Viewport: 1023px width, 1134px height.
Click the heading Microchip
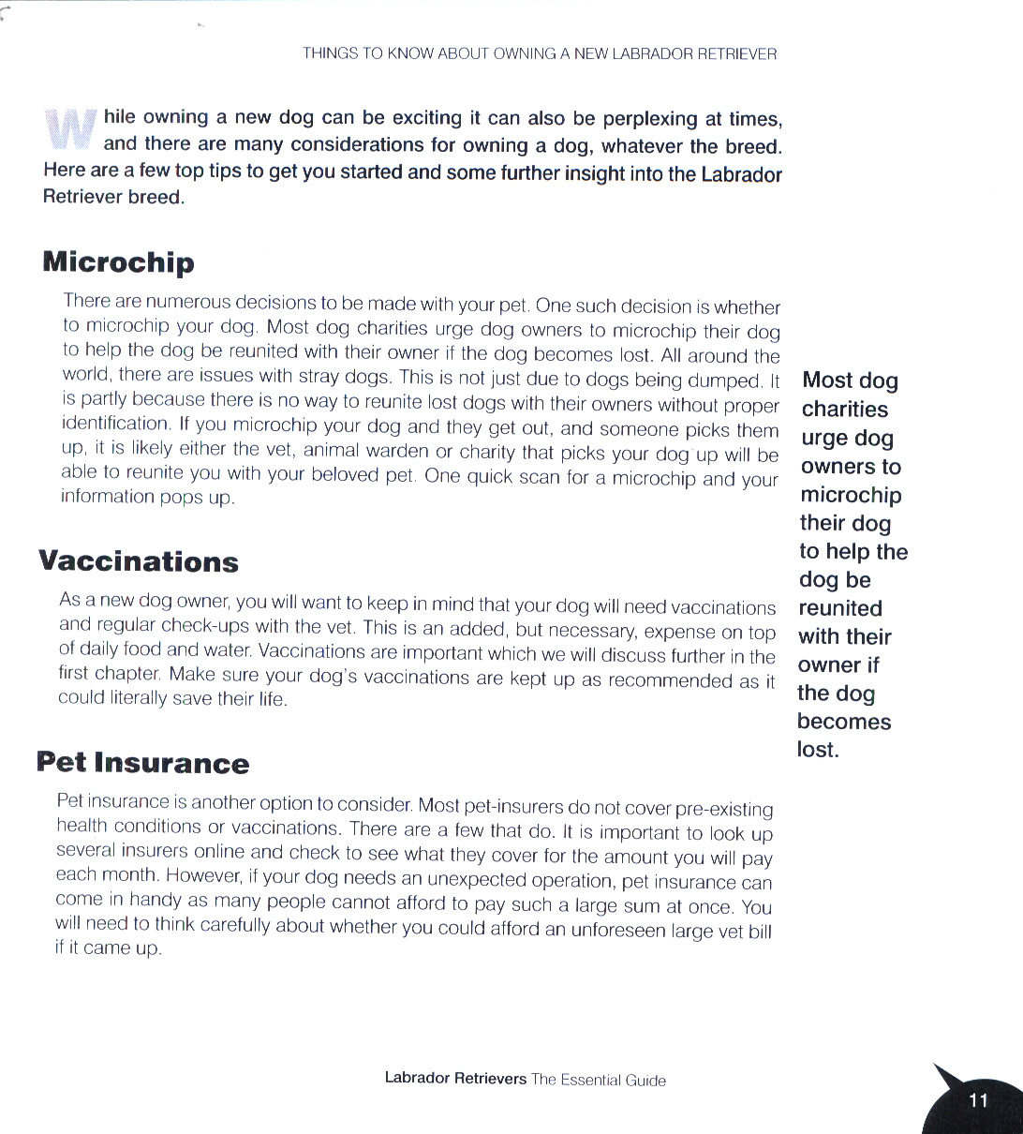[x=118, y=262]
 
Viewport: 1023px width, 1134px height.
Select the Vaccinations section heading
[x=139, y=562]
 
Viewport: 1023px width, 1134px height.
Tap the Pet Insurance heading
[x=142, y=763]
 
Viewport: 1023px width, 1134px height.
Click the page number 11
[x=978, y=1100]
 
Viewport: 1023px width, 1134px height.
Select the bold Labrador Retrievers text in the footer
[x=455, y=1079]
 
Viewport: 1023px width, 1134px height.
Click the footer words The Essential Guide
[x=599, y=1080]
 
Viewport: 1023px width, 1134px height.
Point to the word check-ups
[x=201, y=625]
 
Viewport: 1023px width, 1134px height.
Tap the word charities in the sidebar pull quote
[x=845, y=410]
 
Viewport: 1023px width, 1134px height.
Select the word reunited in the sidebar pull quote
[x=840, y=608]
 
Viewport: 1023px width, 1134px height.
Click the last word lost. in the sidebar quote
[x=818, y=750]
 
